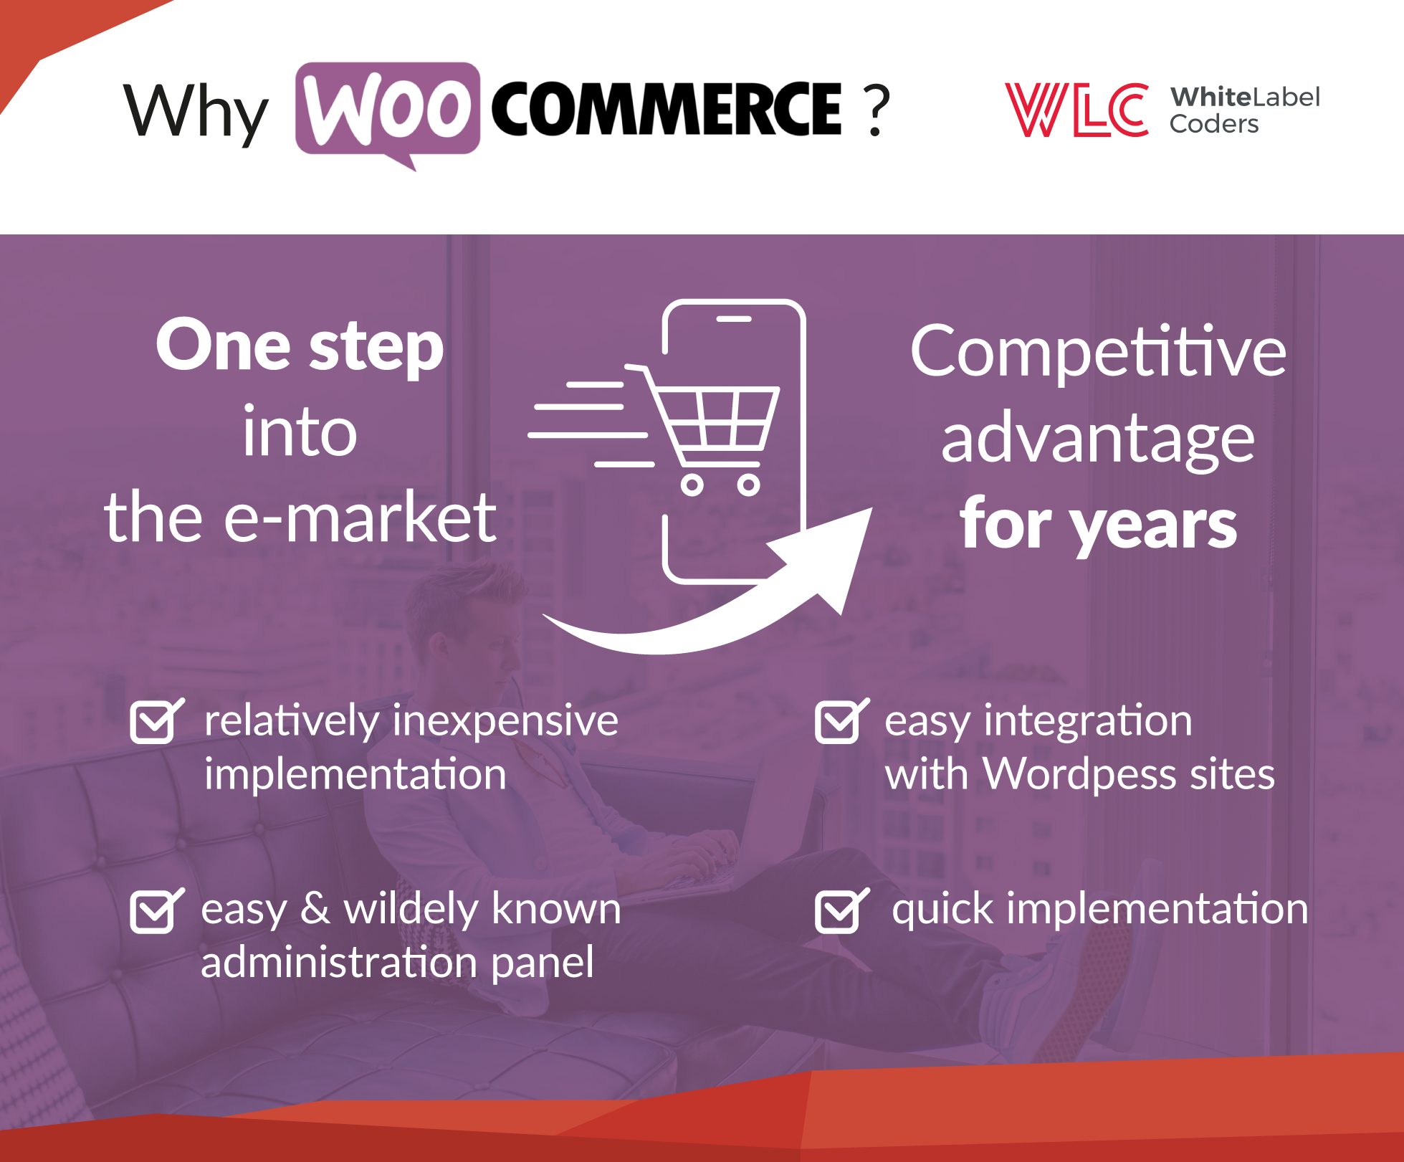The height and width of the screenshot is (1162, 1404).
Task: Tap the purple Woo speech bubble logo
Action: [x=388, y=112]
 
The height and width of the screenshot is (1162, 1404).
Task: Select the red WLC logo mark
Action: [x=1076, y=109]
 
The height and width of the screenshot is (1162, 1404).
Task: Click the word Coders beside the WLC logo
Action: [x=1213, y=124]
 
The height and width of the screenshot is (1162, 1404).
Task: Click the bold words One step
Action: [x=300, y=347]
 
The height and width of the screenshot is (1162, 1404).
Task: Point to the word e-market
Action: [x=360, y=517]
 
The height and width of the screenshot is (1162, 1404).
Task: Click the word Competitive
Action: [x=1098, y=353]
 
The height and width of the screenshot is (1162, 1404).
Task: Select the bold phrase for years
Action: [x=1098, y=525]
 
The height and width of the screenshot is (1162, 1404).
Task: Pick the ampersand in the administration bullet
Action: [x=315, y=908]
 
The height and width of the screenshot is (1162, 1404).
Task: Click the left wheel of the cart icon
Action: [x=692, y=485]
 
